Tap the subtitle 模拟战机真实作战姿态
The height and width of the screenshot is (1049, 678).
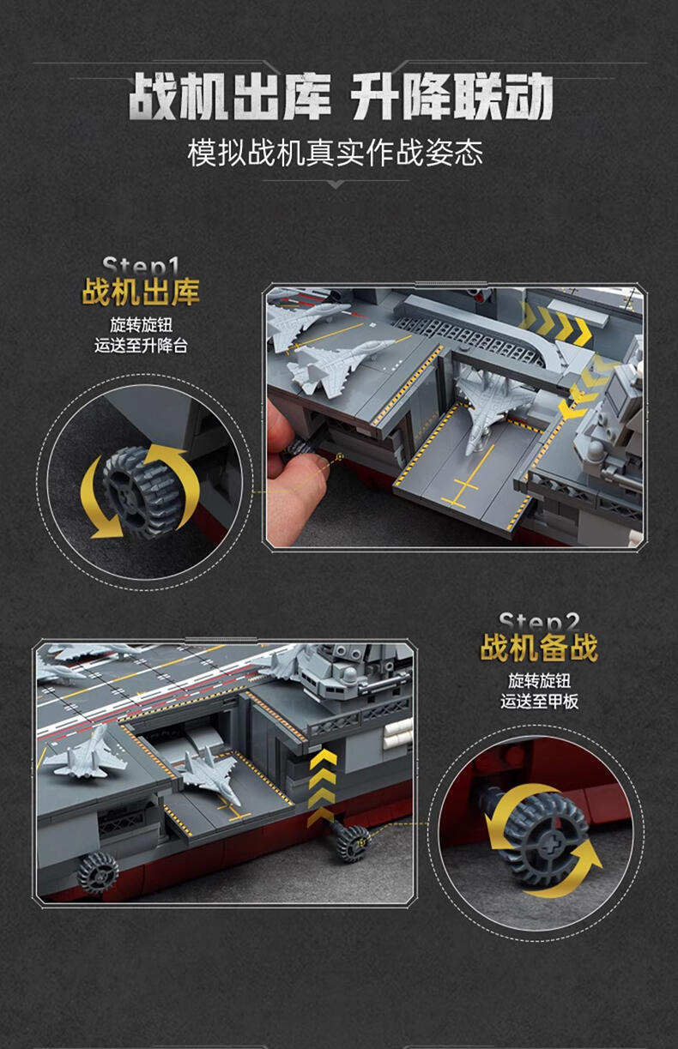tap(335, 153)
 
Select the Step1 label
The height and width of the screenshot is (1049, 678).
tap(141, 266)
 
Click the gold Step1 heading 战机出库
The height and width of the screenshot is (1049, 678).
tap(141, 292)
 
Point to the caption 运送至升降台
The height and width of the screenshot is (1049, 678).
tap(141, 346)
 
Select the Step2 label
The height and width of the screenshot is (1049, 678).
tap(539, 622)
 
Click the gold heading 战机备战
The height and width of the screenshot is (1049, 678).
tap(539, 648)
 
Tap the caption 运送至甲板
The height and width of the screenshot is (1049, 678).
tap(539, 701)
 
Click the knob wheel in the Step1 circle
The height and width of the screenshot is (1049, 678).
tap(141, 491)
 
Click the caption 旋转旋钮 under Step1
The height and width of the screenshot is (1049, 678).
tap(141, 324)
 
